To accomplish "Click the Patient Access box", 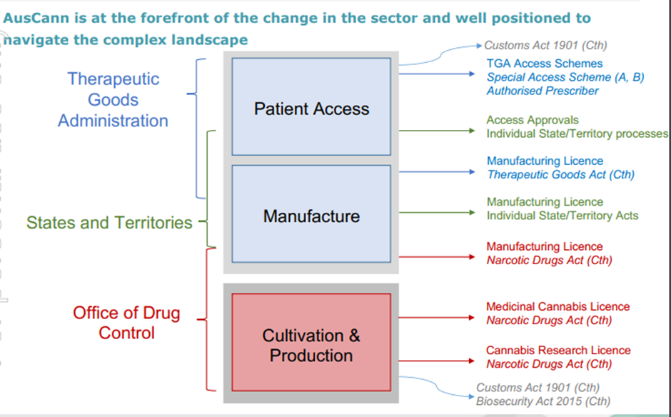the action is [x=311, y=106].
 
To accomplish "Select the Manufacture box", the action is [x=311, y=213].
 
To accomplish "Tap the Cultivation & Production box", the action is [x=311, y=342].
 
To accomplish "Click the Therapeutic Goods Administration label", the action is [x=113, y=100].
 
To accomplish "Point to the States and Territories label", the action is [x=109, y=223].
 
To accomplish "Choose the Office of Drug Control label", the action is [x=126, y=322].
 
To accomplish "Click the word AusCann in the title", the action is [x=36, y=18].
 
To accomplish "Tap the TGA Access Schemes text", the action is [x=545, y=64].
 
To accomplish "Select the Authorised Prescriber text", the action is [x=543, y=91].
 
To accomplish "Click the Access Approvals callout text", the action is [x=533, y=120].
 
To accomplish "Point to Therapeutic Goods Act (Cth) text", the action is [x=560, y=175].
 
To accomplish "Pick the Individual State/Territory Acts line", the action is [x=562, y=216].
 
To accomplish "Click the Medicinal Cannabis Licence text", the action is [x=558, y=306].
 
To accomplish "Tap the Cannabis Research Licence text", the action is [x=558, y=350].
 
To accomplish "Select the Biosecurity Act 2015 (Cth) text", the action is [x=543, y=401].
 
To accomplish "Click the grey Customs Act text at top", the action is [x=545, y=46].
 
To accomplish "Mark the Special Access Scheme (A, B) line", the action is [x=565, y=77].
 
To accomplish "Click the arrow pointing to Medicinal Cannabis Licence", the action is [x=437, y=318].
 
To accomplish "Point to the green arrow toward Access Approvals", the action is [x=437, y=131].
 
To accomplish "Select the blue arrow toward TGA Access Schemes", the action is [x=437, y=74].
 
